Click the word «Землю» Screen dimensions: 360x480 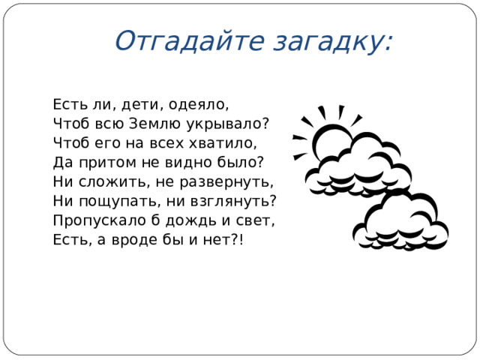[x=157, y=123]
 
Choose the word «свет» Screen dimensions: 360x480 [x=256, y=220]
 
